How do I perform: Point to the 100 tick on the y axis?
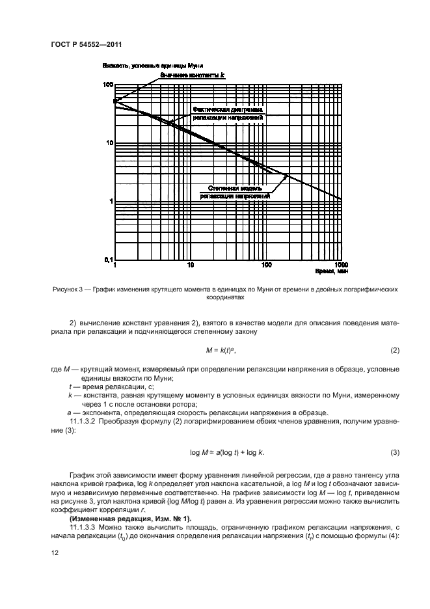click(x=107, y=85)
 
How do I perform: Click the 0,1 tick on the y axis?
click(x=107, y=260)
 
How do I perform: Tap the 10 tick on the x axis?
click(x=190, y=265)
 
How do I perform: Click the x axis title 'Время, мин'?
click(x=328, y=273)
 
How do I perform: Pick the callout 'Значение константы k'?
click(x=193, y=75)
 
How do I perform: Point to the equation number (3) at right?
click(x=394, y=452)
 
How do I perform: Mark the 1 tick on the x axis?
click(x=115, y=265)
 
